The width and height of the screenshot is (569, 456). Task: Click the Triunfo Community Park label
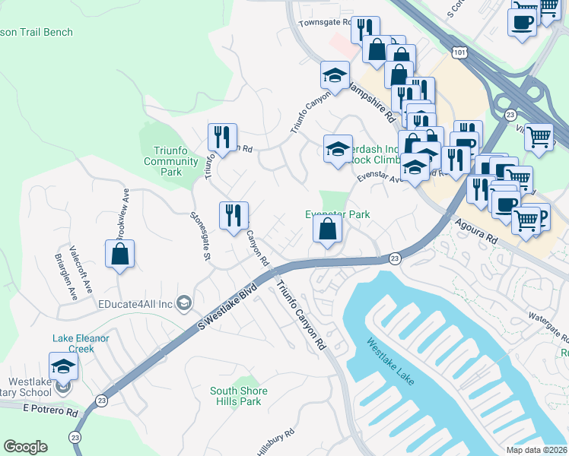[x=170, y=161]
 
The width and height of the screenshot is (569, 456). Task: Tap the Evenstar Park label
[x=337, y=214]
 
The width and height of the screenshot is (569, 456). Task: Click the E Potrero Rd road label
[x=50, y=410]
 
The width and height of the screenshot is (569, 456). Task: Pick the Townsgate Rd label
[x=326, y=24]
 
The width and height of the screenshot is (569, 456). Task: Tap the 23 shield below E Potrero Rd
[x=75, y=437]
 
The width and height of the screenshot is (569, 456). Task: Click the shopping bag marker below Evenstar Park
[x=327, y=230]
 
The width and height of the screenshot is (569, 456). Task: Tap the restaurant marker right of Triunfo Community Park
[x=222, y=138]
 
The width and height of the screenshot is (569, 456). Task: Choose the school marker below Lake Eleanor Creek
[x=64, y=367]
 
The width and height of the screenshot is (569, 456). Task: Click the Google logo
[x=26, y=446]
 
